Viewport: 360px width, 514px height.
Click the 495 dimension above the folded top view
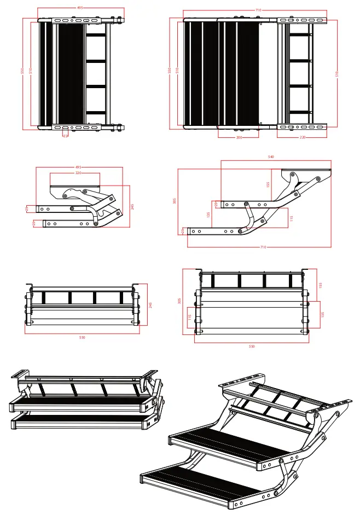[x=80, y=8]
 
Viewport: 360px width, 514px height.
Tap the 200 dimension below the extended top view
[x=239, y=137]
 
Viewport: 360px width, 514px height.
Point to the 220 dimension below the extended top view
[x=303, y=137]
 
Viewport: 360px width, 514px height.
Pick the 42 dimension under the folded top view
[x=65, y=135]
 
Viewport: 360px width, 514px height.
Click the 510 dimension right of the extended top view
[x=337, y=73]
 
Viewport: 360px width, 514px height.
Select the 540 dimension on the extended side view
[x=271, y=157]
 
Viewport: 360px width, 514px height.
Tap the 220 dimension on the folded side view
[x=78, y=173]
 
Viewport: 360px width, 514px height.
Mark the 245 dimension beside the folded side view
[x=132, y=206]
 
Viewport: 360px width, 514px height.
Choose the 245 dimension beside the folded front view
[x=150, y=304]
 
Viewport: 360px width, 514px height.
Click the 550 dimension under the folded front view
[x=82, y=337]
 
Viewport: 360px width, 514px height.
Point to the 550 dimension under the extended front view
[x=252, y=346]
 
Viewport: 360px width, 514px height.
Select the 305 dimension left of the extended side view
[x=175, y=200]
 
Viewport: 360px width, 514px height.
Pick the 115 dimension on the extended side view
[x=292, y=218]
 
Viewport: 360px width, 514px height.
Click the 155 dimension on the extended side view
[x=268, y=184]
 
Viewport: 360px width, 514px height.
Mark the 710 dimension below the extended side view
[x=263, y=247]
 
